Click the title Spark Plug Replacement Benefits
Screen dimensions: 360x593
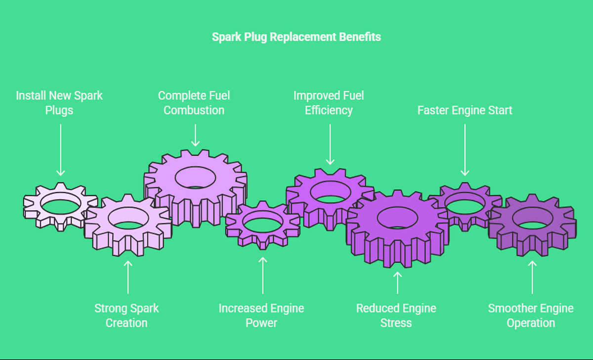pos(296,37)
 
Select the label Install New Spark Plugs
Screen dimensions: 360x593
pos(59,102)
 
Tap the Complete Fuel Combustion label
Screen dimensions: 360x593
pos(194,102)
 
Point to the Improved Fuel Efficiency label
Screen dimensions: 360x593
pos(329,102)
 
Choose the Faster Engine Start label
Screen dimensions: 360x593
pos(465,110)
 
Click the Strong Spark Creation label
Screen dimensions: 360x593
pos(127,315)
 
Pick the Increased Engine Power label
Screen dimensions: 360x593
pos(261,315)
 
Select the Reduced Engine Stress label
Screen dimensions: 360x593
pos(396,315)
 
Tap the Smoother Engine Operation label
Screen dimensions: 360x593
pos(531,315)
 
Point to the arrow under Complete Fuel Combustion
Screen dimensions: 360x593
pos(195,135)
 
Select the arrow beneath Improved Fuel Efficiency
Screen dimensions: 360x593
pos(330,145)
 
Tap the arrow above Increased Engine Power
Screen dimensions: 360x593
pos(262,274)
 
